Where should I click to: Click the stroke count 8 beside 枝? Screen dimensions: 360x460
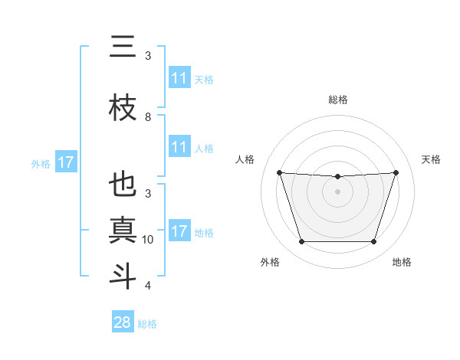click(x=148, y=117)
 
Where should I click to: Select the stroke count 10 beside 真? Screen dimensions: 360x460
click(x=148, y=240)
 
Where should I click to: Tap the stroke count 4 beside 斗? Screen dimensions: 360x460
click(x=148, y=286)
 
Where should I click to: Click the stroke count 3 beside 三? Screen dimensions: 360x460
click(x=148, y=56)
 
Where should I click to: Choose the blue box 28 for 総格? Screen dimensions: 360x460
click(x=123, y=322)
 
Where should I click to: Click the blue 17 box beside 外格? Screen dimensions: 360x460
click(x=65, y=162)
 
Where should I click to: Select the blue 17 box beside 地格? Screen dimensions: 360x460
click(x=179, y=231)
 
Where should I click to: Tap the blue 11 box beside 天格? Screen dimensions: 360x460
click(x=179, y=78)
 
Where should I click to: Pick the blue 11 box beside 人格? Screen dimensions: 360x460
click(x=179, y=147)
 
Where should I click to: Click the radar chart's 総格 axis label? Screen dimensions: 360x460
click(x=337, y=100)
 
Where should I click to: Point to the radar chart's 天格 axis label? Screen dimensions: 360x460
click(x=431, y=159)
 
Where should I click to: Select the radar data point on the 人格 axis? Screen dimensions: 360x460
click(x=279, y=172)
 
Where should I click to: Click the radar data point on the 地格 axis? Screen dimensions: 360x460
click(x=373, y=242)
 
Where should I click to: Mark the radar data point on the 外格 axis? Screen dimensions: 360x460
click(x=301, y=242)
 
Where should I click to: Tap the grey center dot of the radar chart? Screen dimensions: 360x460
click(x=337, y=191)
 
